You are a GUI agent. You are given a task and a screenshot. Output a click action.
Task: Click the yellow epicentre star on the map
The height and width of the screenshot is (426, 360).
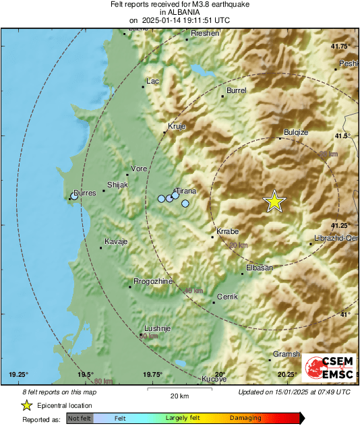point(274,202)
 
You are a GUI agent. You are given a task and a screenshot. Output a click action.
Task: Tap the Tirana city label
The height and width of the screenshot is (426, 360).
point(185,191)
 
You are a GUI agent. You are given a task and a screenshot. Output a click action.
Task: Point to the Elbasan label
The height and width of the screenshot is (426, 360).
point(260,268)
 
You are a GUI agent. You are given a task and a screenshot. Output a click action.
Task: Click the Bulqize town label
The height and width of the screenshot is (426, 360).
point(297,133)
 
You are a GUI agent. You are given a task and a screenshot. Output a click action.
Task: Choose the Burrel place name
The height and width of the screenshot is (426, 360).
point(237,90)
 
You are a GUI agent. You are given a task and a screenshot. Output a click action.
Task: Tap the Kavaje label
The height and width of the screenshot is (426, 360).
point(116,241)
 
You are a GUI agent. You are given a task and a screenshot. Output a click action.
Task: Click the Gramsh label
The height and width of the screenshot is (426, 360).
point(286,354)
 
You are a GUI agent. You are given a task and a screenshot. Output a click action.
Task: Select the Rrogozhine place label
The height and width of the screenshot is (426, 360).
point(154,281)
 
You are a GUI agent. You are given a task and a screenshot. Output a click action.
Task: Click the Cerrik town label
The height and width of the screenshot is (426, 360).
point(227,297)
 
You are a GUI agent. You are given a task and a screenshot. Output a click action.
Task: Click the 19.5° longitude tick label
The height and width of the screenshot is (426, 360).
point(85,374)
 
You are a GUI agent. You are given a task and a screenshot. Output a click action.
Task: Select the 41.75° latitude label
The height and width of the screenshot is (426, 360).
point(341,46)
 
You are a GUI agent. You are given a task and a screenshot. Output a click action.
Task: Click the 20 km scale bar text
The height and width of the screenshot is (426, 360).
point(179,395)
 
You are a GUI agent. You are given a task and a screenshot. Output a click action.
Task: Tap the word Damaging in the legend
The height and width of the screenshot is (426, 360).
point(245,418)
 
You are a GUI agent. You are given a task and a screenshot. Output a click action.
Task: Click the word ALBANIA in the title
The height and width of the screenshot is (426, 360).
point(179,12)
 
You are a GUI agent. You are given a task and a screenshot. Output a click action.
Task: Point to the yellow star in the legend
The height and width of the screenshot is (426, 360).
point(26,405)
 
